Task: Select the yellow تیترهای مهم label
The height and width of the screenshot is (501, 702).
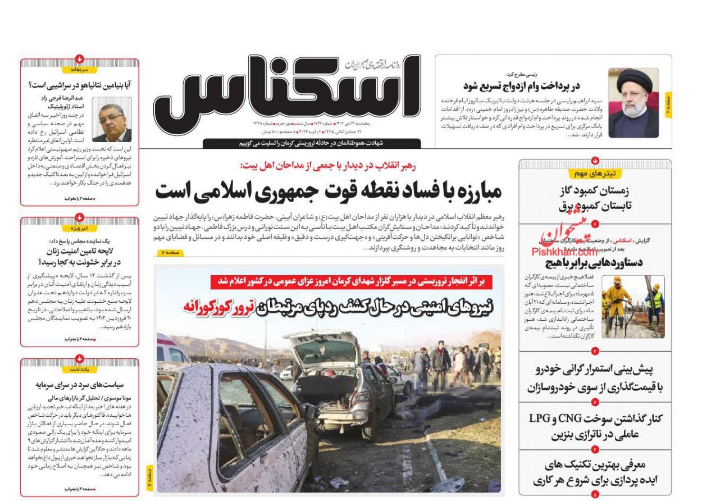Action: point(595,174)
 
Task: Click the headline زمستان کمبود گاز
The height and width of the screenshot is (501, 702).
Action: point(596,190)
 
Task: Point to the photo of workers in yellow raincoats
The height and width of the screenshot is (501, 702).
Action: point(633,306)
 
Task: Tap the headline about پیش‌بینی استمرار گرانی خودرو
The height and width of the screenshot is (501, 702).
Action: point(595,378)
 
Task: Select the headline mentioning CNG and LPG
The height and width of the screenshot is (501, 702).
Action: point(595,426)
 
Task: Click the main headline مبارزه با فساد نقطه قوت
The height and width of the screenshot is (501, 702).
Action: point(328,192)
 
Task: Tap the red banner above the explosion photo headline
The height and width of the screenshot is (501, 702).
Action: point(351,281)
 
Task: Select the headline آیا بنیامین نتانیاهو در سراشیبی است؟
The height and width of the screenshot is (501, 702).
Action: point(80,85)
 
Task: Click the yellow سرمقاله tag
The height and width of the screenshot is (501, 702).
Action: point(80,70)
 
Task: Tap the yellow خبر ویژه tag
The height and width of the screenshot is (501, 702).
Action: point(80,228)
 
